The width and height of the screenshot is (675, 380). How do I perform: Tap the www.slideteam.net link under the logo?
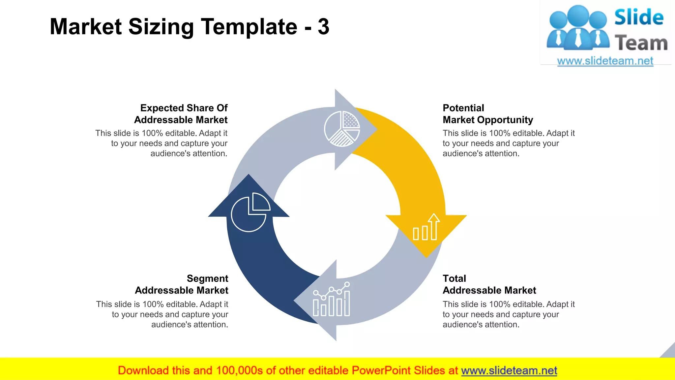click(x=605, y=61)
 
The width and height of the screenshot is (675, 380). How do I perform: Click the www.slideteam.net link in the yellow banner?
click(x=509, y=370)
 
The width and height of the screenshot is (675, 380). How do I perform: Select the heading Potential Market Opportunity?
click(x=487, y=114)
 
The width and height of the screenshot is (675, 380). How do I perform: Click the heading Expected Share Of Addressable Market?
click(x=181, y=114)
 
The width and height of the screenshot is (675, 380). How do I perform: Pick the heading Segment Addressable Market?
click(x=182, y=284)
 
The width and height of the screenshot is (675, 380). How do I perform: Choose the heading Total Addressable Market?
click(x=489, y=284)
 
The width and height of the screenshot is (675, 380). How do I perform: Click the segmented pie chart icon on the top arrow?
click(x=342, y=129)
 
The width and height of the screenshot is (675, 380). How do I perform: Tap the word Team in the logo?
click(x=641, y=43)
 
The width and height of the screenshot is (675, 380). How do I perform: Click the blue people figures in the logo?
click(x=578, y=28)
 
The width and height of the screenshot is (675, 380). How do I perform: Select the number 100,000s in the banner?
click(x=239, y=370)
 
